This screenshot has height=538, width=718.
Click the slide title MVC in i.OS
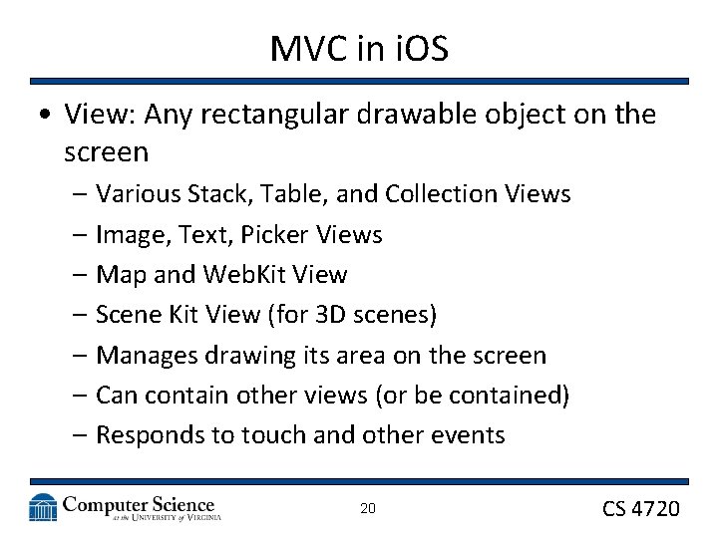coord(358,48)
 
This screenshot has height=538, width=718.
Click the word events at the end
coord(470,435)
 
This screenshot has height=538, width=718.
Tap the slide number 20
coord(367,509)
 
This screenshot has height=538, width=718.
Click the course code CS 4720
coord(640,509)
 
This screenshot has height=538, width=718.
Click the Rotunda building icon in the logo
coord(43,508)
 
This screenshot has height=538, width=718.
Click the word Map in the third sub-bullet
coord(119,275)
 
